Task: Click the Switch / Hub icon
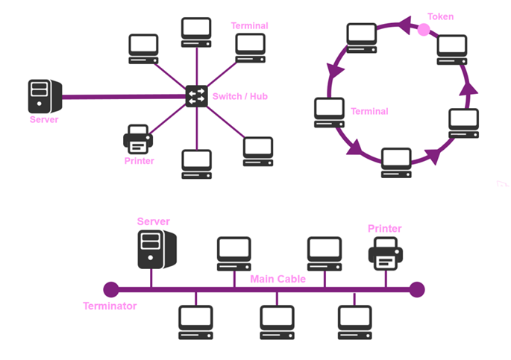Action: tap(197, 95)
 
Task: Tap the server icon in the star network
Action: tap(43, 95)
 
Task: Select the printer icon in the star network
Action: tap(138, 139)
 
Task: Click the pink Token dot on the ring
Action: tap(424, 30)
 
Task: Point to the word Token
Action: tap(440, 16)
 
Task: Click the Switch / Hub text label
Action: tap(240, 96)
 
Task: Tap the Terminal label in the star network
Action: tap(249, 25)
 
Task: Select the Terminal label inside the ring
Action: tap(369, 112)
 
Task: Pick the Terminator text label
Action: tap(110, 306)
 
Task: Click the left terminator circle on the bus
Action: tap(110, 288)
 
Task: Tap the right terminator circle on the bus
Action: tap(417, 288)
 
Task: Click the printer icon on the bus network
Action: tap(386, 254)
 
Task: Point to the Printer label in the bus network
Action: tap(385, 229)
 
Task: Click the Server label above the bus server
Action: tap(154, 221)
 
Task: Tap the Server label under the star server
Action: tap(43, 119)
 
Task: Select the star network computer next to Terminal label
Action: tap(250, 48)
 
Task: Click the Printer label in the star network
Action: tap(138, 160)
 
